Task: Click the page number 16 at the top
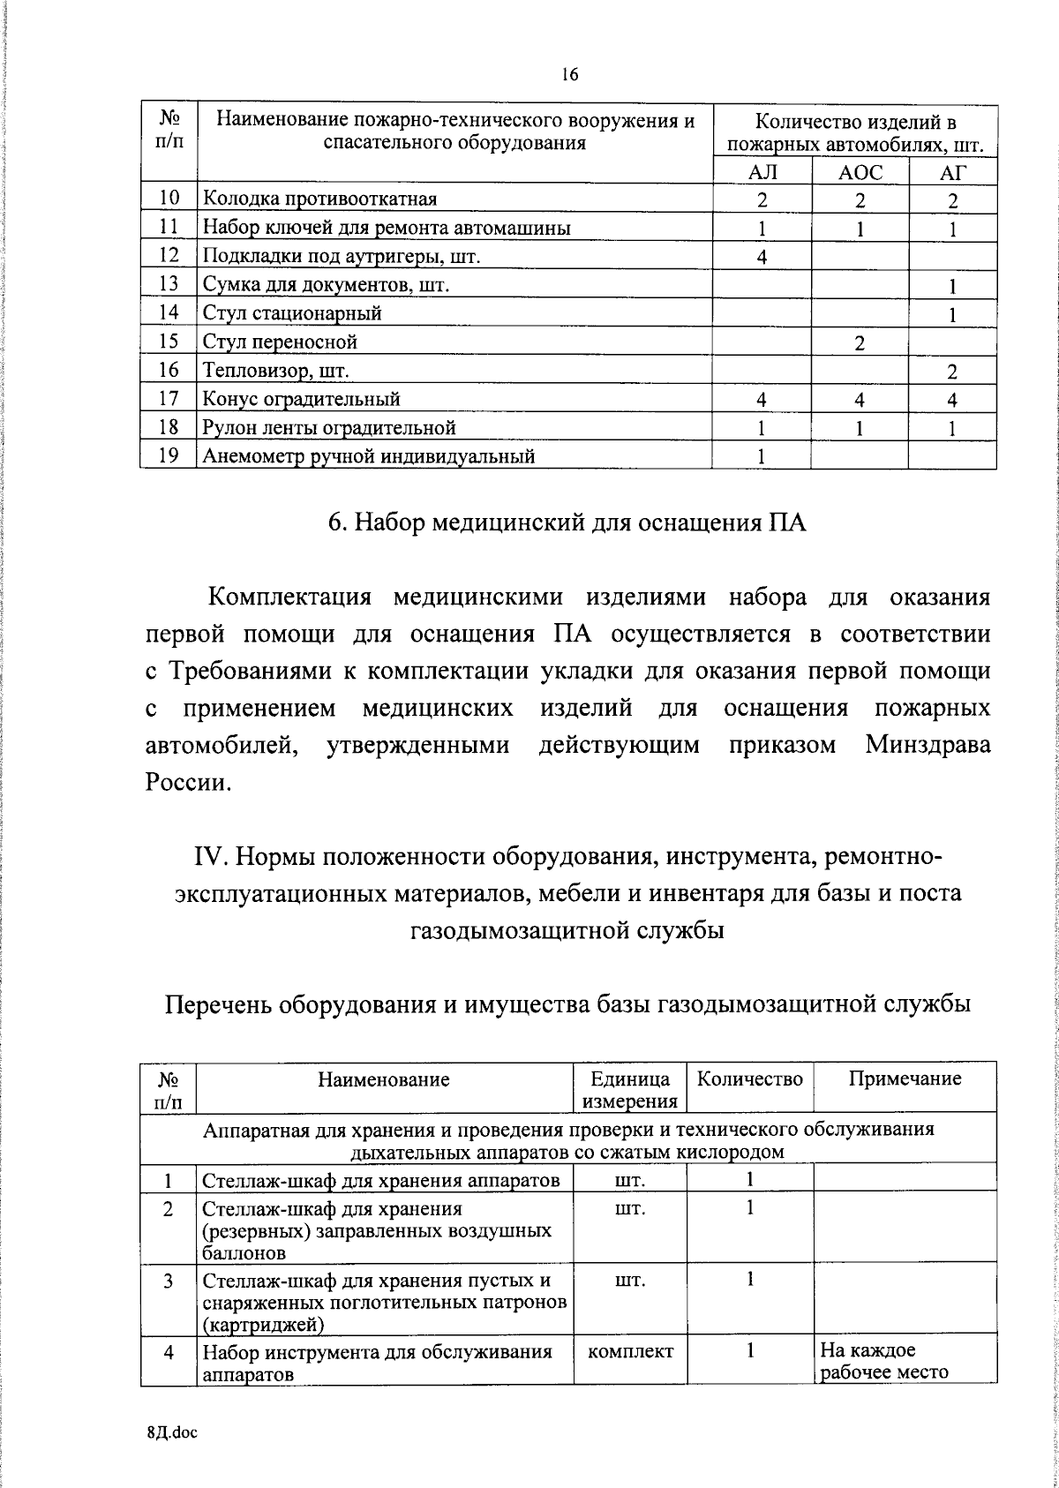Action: tap(569, 75)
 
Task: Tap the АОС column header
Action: tap(860, 172)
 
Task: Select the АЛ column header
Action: tap(762, 172)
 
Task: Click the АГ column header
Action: tap(952, 172)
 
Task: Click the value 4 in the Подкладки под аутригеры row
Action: tap(762, 257)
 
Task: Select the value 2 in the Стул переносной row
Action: tap(860, 342)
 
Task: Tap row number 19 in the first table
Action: tap(169, 455)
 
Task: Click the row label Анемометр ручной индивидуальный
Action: tap(369, 456)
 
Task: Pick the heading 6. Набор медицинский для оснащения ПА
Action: tap(567, 522)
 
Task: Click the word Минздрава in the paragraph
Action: tap(928, 745)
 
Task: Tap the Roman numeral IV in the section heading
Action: tap(208, 857)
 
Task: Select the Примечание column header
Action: tap(905, 1078)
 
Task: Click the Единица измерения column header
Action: tap(630, 1089)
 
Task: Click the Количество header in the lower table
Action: tap(750, 1078)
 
